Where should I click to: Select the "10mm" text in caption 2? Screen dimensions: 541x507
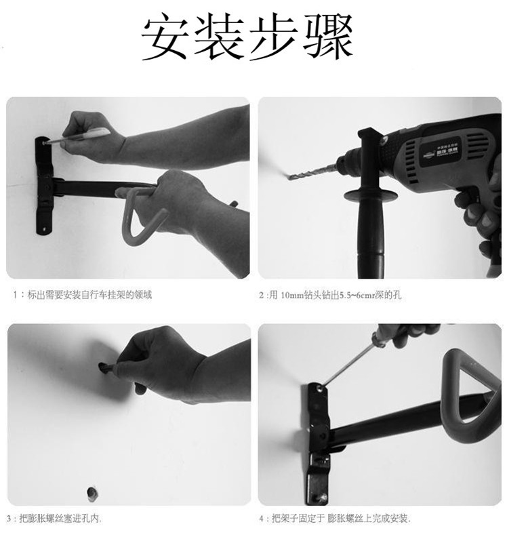point(292,296)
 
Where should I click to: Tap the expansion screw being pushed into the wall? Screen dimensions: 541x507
point(106,368)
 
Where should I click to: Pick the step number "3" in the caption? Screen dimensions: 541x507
point(10,519)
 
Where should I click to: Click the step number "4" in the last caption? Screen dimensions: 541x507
point(261,519)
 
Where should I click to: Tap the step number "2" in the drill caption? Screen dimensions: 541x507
point(262,296)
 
